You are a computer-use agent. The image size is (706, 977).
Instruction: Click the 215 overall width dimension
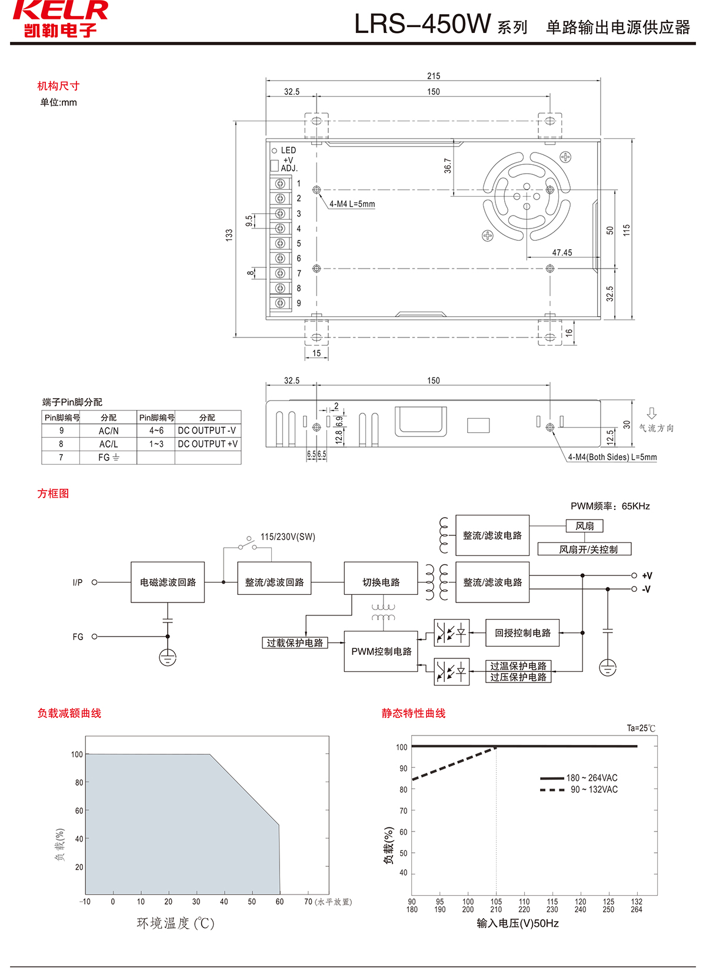pos(434,76)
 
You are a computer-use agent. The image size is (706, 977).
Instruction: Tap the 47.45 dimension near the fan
pos(562,253)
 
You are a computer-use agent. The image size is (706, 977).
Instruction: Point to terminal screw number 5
pos(281,243)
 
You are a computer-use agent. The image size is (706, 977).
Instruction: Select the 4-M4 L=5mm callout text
pos(352,204)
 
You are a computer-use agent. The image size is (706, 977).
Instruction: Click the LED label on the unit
pos(288,150)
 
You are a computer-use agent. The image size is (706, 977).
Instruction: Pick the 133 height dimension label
pos(229,234)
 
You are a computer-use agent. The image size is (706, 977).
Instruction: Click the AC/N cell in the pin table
pos(108,430)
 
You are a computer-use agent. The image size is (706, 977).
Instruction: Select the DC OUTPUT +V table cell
pos(208,444)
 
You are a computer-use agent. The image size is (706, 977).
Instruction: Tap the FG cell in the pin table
pos(108,458)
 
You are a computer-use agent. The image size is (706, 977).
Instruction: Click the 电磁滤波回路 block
pos(168,582)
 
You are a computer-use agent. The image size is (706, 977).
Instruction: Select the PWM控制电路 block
pos(381,651)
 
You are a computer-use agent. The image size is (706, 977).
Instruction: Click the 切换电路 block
pos(381,582)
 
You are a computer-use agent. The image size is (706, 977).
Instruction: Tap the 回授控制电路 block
pos(522,633)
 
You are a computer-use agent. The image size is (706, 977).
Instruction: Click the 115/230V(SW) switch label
pos(288,537)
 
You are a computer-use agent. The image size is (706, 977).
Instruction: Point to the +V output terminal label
pos(647,576)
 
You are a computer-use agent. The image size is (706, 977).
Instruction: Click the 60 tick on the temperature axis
pos(279,902)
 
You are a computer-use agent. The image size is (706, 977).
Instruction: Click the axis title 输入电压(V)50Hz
pos(518,923)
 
